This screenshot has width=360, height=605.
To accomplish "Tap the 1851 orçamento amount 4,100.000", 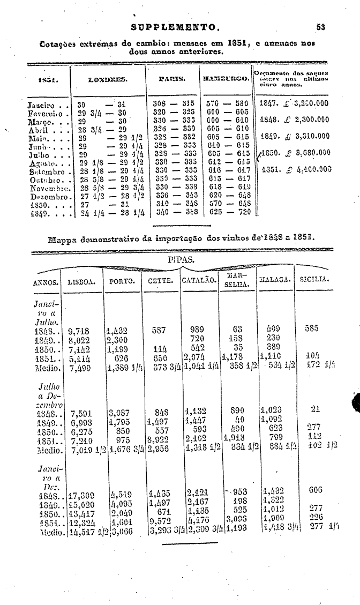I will click(x=310, y=170).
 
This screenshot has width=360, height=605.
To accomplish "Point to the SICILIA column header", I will click(x=314, y=279).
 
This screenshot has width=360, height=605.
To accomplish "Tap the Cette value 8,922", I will click(x=159, y=438).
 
